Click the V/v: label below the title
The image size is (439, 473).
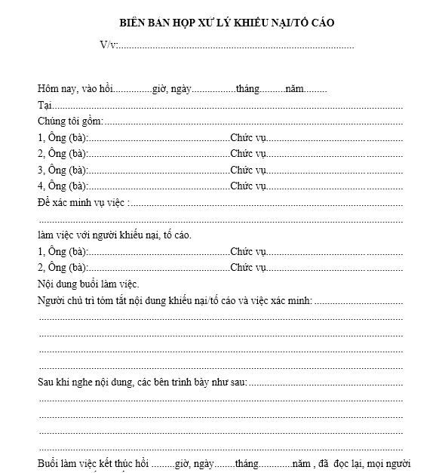pyautogui.click(x=109, y=45)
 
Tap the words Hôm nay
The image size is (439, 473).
pyautogui.click(x=55, y=89)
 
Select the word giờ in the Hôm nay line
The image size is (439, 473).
pyautogui.click(x=159, y=89)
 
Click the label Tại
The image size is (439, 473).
pyautogui.click(x=43, y=105)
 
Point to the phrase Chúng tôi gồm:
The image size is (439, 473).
pyautogui.click(x=69, y=121)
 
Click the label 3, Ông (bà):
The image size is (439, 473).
pyautogui.click(x=63, y=170)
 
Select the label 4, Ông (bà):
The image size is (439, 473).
pyautogui.click(x=63, y=186)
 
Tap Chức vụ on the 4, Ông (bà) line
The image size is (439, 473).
pyautogui.click(x=249, y=186)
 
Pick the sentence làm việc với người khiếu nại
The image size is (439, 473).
pyautogui.click(x=113, y=235)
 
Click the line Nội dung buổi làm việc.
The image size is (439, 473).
pyautogui.click(x=88, y=284)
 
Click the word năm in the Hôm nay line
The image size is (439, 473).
pyautogui.click(x=296, y=89)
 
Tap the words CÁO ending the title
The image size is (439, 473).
pyautogui.click(x=320, y=23)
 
